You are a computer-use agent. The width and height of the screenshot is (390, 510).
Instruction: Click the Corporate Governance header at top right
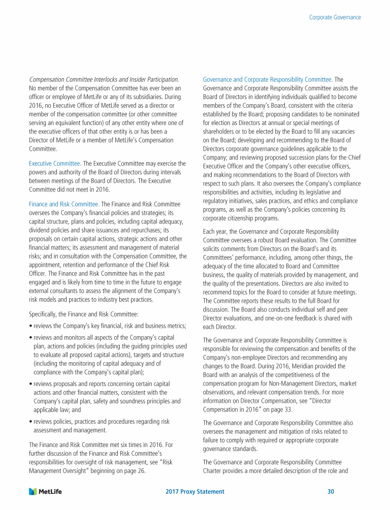335,17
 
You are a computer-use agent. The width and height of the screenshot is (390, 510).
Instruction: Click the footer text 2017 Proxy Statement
195,492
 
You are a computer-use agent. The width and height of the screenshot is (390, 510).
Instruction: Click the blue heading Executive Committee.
55,164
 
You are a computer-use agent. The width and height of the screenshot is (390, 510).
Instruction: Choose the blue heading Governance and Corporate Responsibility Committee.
268,79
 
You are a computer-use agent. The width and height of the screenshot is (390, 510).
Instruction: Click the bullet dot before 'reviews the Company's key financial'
30,326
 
